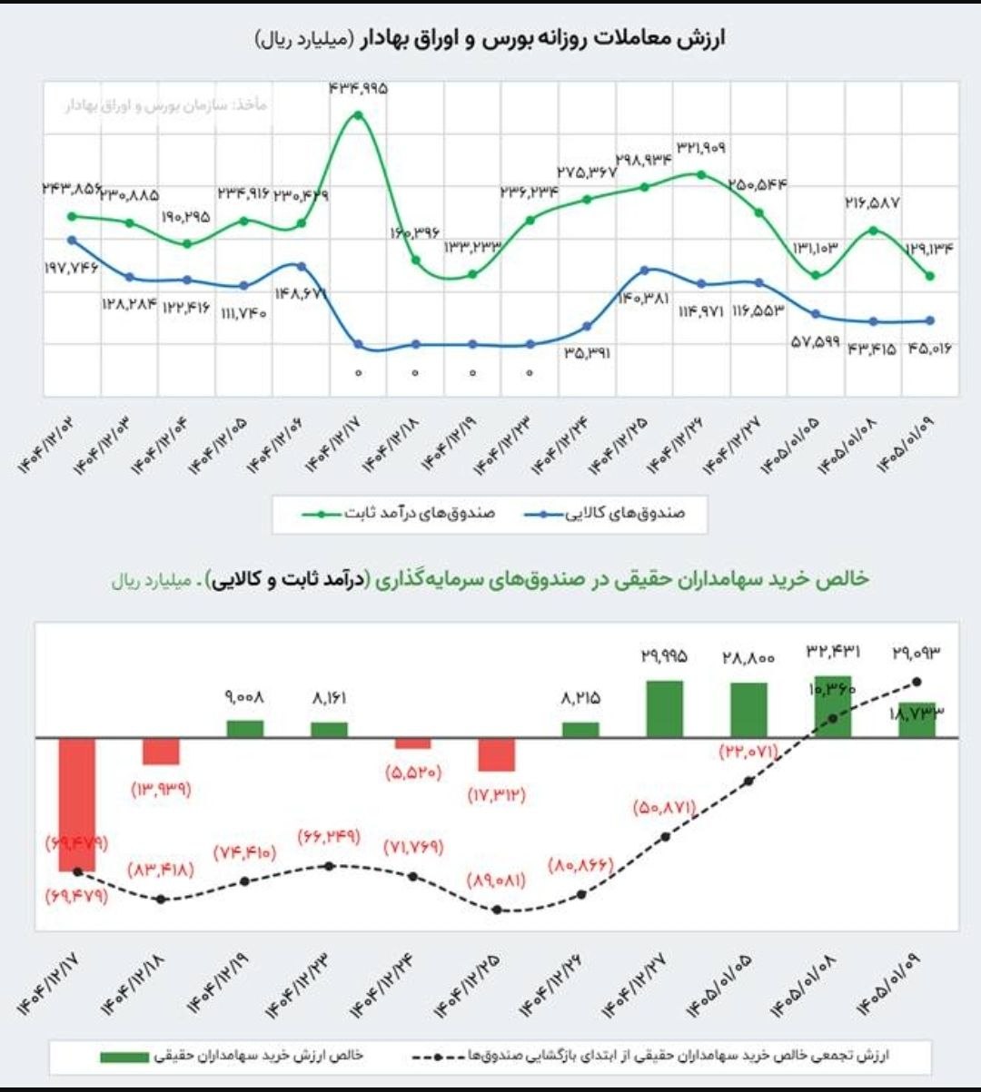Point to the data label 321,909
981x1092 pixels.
(x=700, y=147)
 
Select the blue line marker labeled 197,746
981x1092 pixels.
(x=73, y=240)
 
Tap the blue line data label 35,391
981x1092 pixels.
(x=587, y=352)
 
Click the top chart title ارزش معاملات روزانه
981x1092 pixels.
(x=490, y=39)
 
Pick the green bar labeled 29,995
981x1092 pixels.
(x=664, y=708)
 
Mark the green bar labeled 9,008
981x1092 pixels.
(x=244, y=728)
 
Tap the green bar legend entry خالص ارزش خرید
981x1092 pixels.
(x=232, y=1057)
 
